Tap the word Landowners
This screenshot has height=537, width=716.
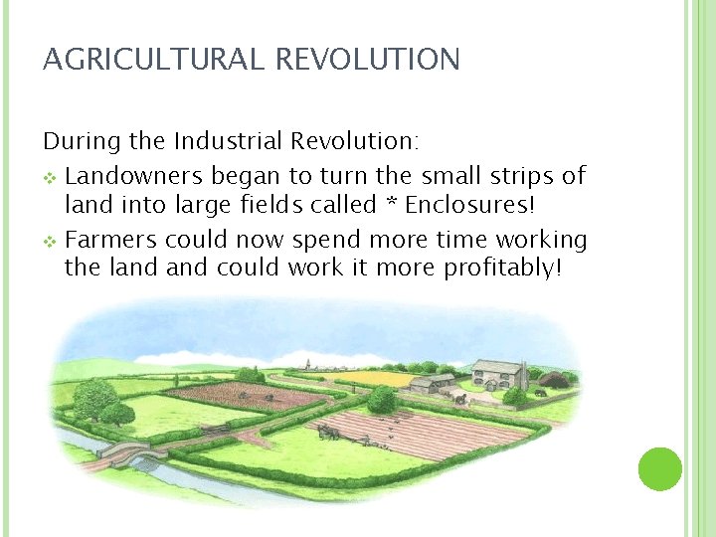(133, 177)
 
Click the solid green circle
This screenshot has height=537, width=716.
(659, 468)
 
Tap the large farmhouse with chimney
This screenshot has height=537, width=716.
(497, 376)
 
